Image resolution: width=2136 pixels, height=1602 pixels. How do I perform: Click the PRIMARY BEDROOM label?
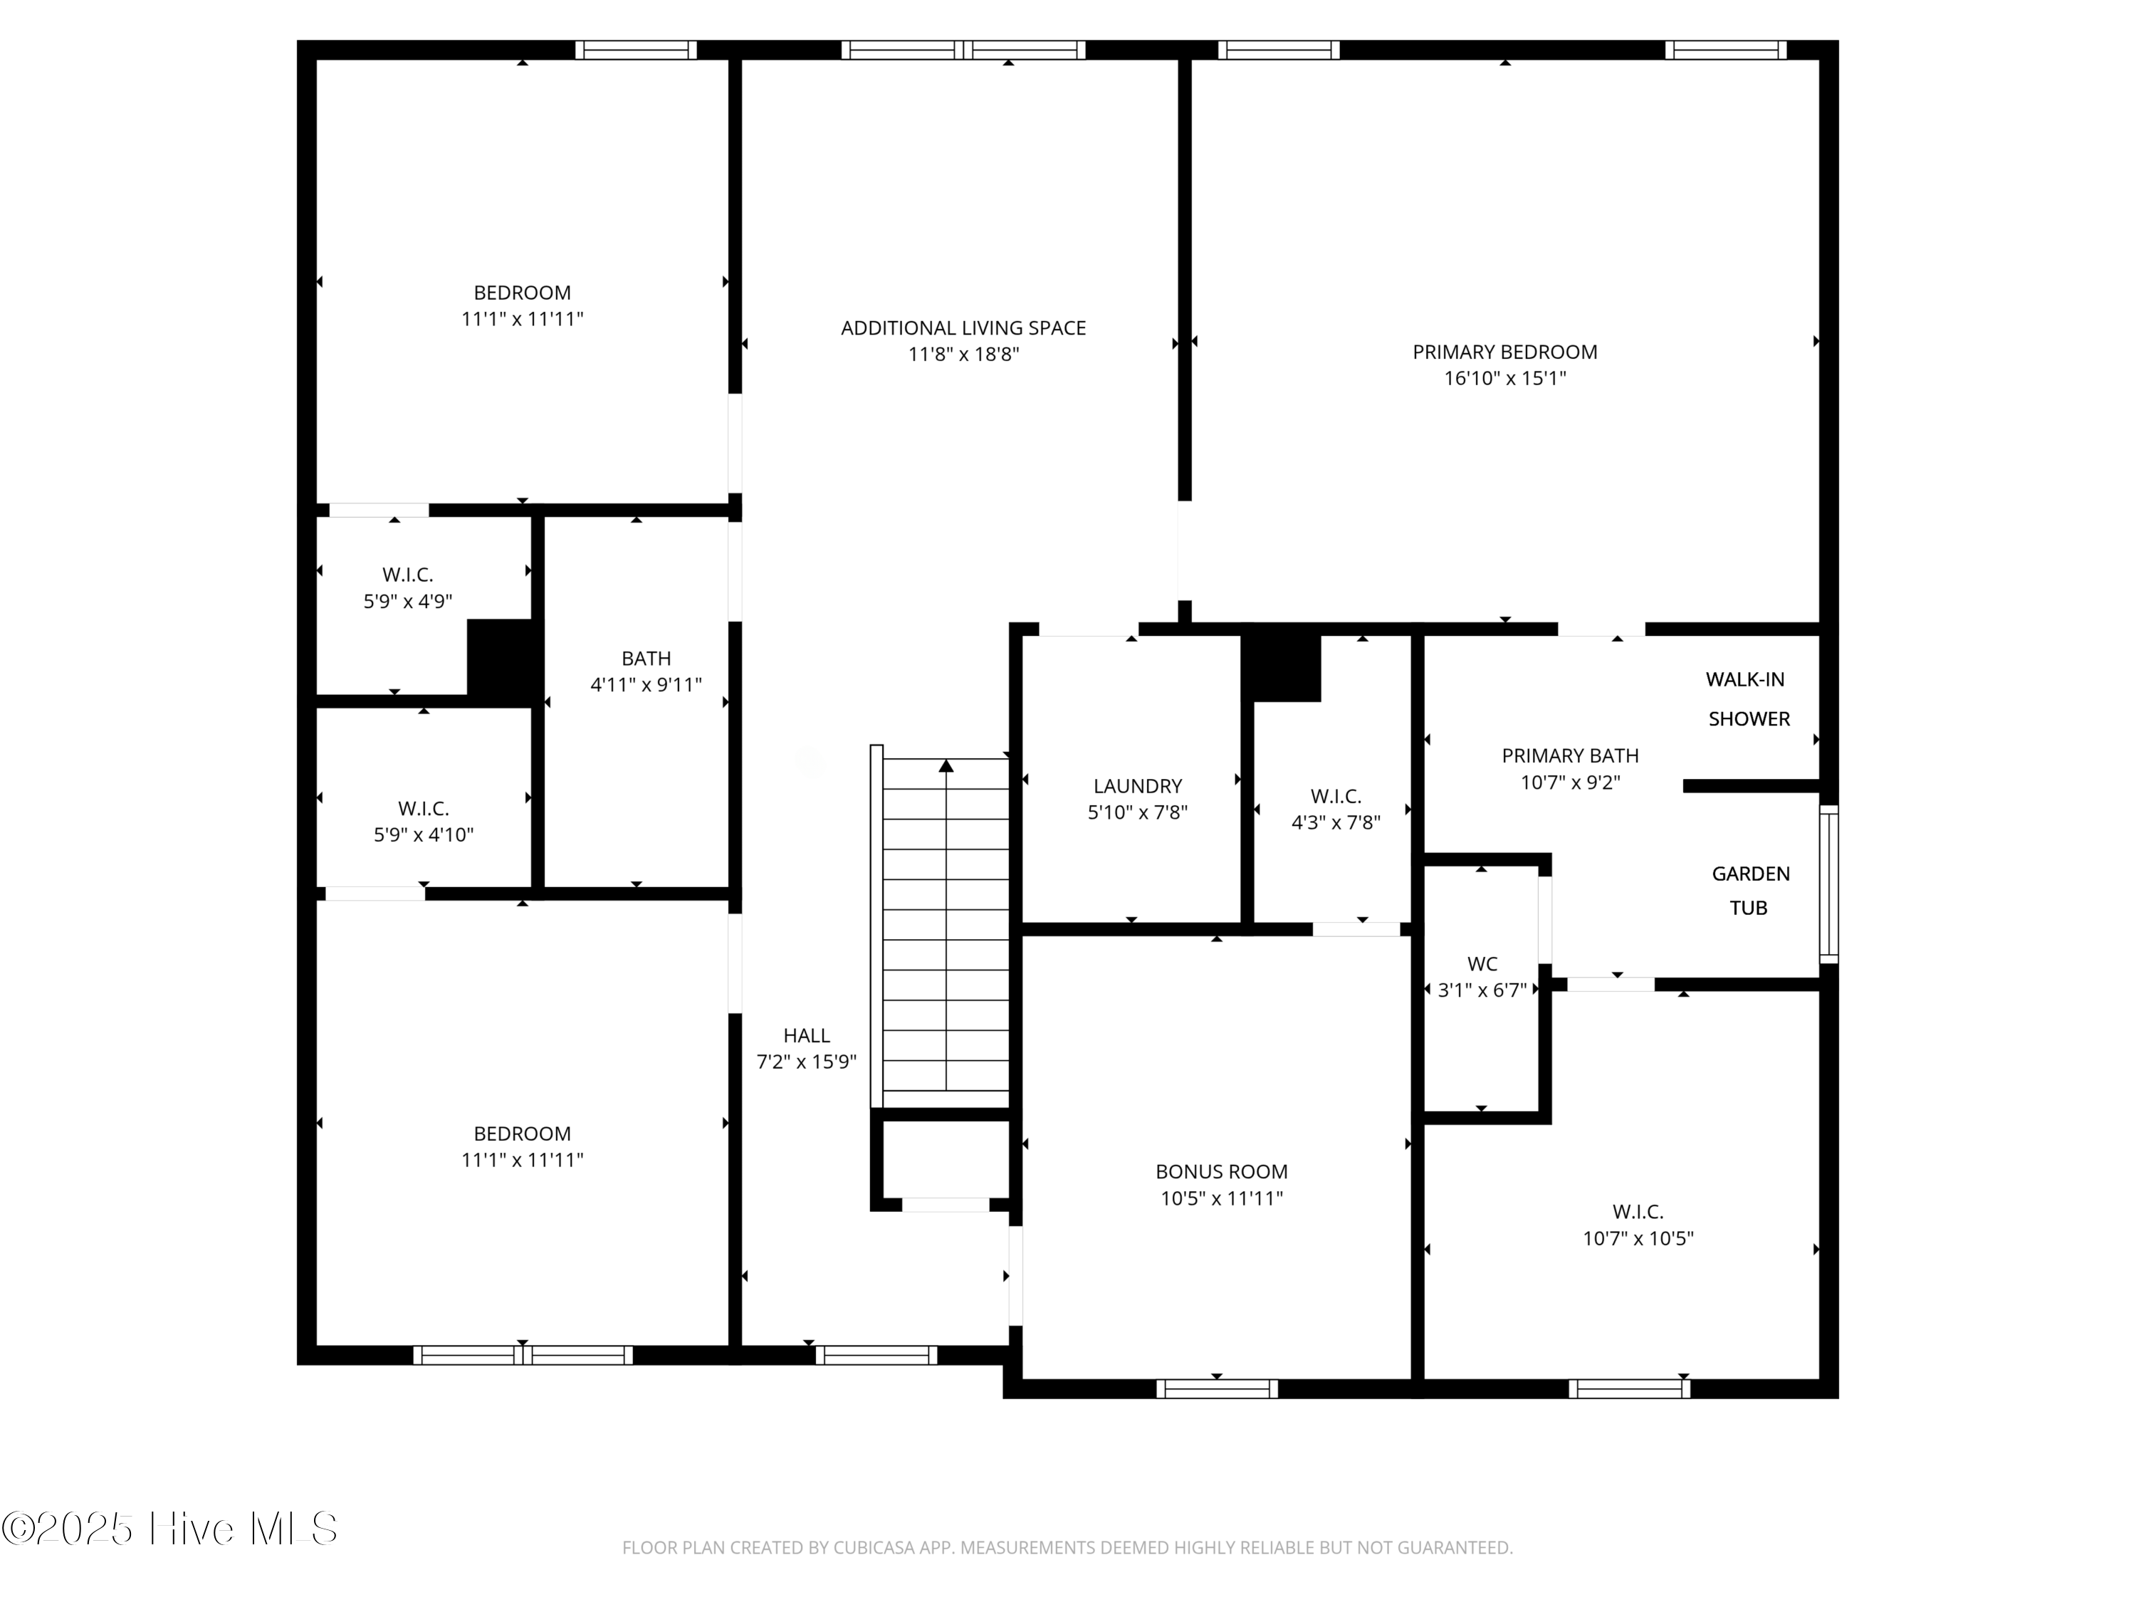pyautogui.click(x=1504, y=352)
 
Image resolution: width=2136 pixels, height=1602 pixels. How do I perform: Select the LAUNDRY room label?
pyautogui.click(x=1136, y=786)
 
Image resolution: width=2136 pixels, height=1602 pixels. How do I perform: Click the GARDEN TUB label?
pyautogui.click(x=1750, y=890)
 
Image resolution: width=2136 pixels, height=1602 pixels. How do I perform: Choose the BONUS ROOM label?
pyautogui.click(x=1220, y=1171)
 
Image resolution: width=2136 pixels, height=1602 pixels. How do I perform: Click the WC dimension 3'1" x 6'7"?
pyautogui.click(x=1481, y=990)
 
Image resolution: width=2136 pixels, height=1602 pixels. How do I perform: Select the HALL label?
pyautogui.click(x=805, y=1035)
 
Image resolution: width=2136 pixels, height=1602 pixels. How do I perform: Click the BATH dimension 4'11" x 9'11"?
pyautogui.click(x=645, y=685)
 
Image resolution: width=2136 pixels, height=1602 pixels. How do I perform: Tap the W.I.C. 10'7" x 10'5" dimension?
pyautogui.click(x=1638, y=1238)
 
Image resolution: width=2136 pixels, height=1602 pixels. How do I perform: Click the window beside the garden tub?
pyautogui.click(x=1828, y=884)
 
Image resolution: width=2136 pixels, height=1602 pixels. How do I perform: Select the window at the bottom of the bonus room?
pyautogui.click(x=1216, y=1388)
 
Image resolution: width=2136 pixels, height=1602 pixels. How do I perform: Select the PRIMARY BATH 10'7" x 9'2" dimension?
pyautogui.click(x=1569, y=782)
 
